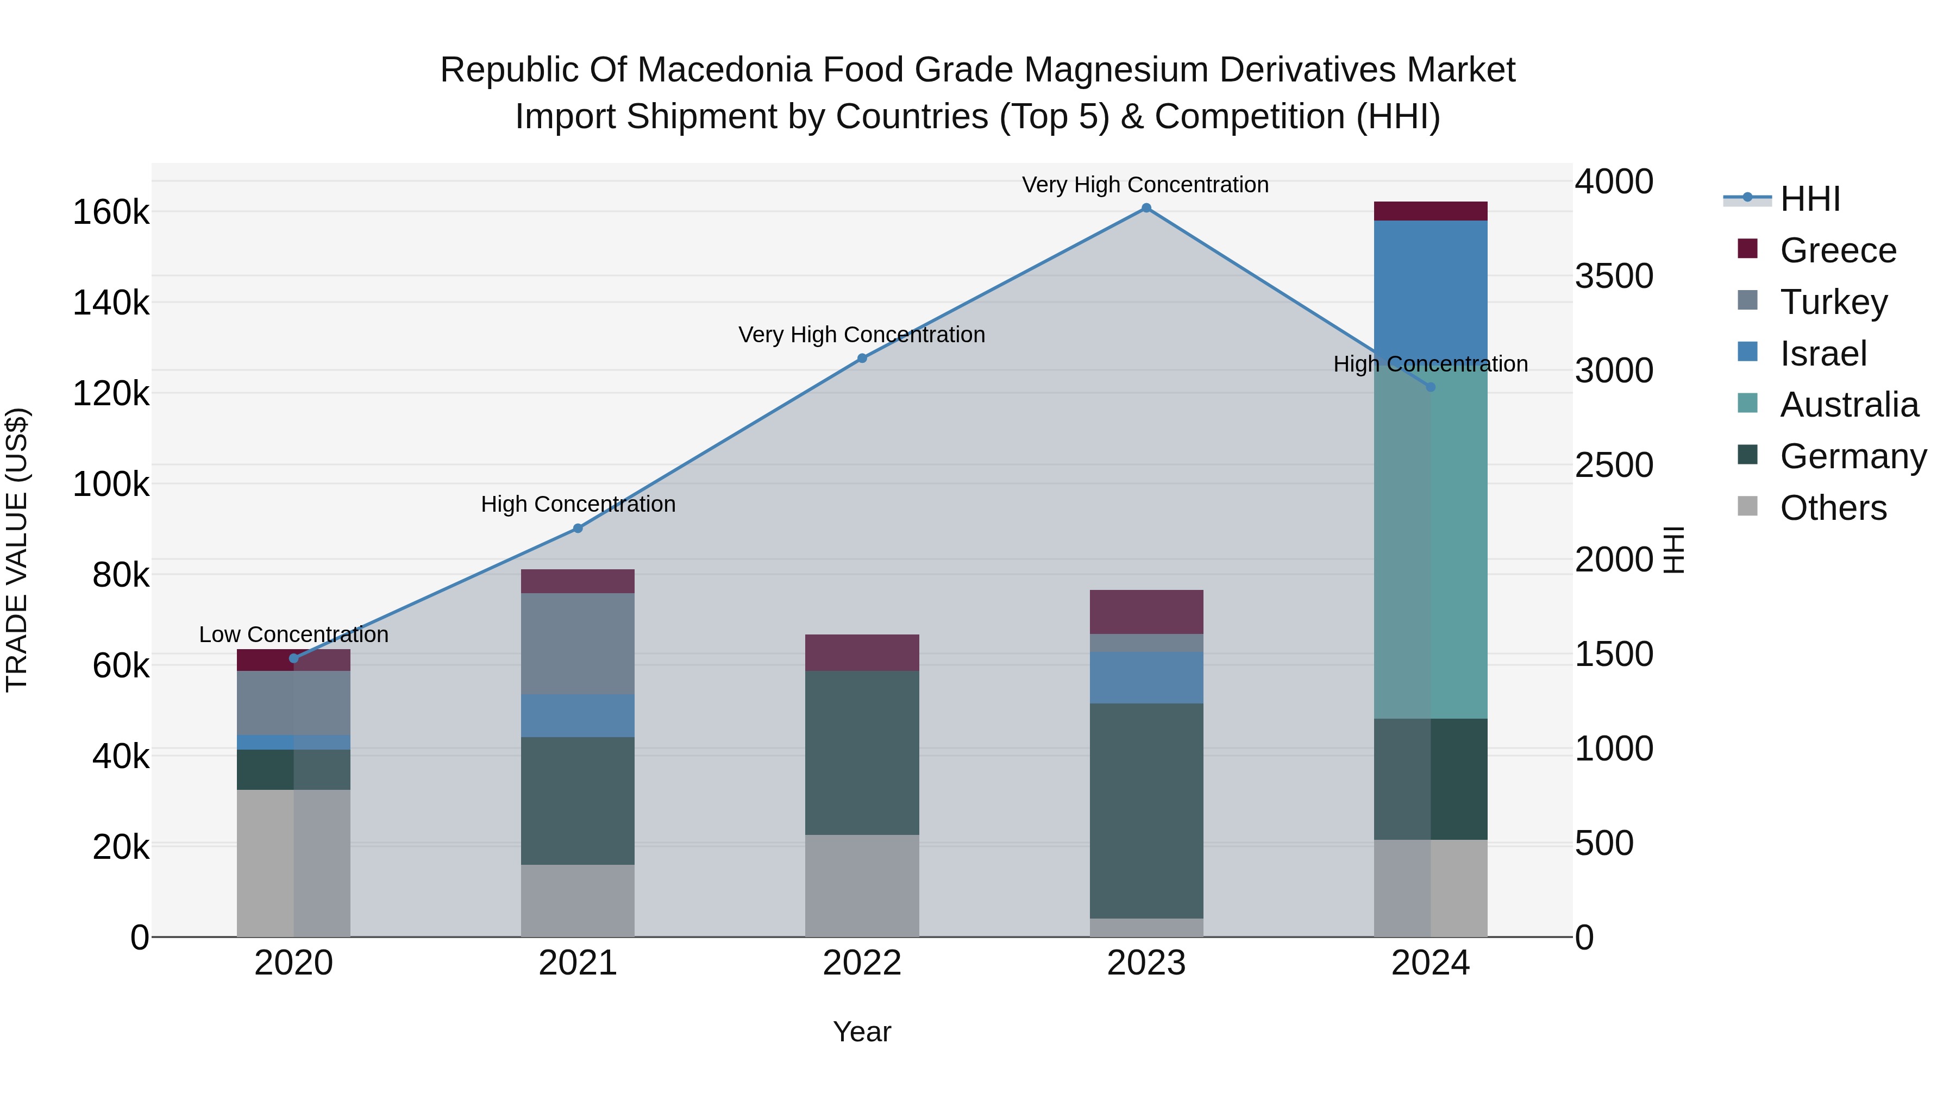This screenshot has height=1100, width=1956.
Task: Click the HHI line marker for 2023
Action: click(x=1146, y=208)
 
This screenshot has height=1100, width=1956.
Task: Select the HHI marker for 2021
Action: click(x=578, y=529)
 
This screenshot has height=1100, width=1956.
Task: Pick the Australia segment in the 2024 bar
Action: click(x=1431, y=546)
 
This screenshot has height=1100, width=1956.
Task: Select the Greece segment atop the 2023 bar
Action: click(x=1146, y=611)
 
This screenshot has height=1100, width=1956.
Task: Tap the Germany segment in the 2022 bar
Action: click(x=862, y=752)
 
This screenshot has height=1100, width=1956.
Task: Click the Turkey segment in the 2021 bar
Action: click(x=578, y=643)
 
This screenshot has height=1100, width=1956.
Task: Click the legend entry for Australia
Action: click(x=1848, y=405)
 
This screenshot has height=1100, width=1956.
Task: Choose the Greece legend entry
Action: click(x=1838, y=250)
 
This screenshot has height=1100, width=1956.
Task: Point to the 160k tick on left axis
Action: click(x=111, y=212)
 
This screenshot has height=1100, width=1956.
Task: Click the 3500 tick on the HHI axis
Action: click(x=1614, y=276)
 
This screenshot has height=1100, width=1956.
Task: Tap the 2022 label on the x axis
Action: click(x=862, y=963)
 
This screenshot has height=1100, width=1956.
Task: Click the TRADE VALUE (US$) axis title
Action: click(x=17, y=550)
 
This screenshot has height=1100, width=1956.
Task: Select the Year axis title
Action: click(x=862, y=1032)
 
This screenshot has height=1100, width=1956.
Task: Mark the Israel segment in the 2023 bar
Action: click(x=1146, y=677)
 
